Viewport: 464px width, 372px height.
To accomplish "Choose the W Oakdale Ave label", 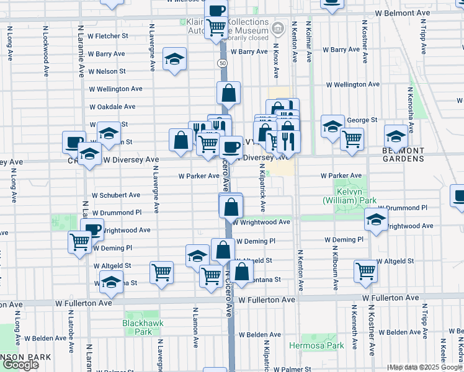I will [x=112, y=107].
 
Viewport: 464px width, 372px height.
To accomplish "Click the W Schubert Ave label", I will [x=116, y=195].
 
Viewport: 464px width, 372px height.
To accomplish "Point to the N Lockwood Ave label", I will [x=46, y=52].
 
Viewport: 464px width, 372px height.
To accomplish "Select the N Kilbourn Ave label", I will [x=336, y=270].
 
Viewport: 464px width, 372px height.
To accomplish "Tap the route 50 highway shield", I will [x=221, y=63].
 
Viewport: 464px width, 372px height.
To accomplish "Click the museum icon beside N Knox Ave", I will [x=278, y=28].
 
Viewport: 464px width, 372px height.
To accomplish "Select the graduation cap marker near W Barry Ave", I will [x=175, y=60].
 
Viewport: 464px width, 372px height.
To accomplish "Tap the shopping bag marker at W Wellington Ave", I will [x=228, y=93].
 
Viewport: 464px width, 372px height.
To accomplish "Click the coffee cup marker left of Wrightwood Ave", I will [x=92, y=230].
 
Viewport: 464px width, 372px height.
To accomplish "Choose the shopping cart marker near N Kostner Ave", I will [x=366, y=270].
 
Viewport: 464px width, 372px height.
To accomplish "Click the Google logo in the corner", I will [x=20, y=365].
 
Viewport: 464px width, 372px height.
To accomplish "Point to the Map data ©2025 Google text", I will [x=426, y=367].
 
